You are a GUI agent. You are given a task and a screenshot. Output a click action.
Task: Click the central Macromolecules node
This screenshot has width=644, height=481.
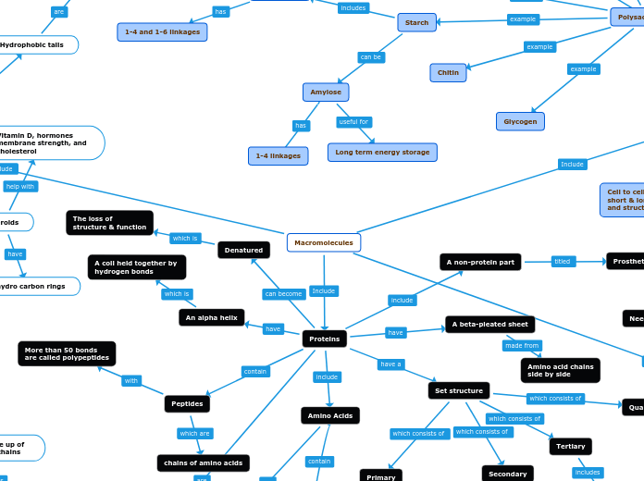click(324, 242)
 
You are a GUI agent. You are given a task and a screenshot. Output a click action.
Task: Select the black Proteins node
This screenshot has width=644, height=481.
click(325, 339)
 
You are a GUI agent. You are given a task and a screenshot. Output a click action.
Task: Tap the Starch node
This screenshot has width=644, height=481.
click(416, 22)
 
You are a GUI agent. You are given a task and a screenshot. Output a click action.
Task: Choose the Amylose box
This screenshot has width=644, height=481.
click(326, 92)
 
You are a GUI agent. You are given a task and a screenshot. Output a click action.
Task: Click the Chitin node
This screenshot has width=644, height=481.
click(448, 72)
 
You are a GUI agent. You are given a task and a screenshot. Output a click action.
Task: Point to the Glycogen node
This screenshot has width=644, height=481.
click(520, 121)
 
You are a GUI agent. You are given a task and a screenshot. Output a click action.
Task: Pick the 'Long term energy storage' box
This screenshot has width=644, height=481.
click(382, 152)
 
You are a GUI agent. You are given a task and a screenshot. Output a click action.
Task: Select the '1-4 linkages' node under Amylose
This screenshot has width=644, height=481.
click(278, 155)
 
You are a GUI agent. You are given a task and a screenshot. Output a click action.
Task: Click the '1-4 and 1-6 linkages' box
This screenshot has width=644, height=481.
click(162, 31)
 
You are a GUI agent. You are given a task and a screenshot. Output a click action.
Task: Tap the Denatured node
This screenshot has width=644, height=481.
click(243, 250)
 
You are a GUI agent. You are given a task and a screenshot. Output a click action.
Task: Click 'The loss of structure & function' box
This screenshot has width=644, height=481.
click(109, 223)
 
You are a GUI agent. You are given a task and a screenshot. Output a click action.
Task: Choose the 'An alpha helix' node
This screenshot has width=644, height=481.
click(211, 317)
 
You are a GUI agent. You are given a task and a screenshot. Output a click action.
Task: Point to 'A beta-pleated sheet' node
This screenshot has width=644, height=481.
click(490, 324)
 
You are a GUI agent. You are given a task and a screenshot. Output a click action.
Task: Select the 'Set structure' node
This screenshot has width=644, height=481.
click(459, 390)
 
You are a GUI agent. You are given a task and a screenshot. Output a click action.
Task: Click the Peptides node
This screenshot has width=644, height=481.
click(187, 403)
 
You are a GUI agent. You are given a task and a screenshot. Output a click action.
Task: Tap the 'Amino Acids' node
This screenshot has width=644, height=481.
click(330, 415)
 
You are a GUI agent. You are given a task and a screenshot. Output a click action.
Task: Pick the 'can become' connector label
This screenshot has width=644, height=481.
click(283, 294)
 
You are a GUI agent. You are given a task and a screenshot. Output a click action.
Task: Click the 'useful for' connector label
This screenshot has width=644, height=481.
click(353, 122)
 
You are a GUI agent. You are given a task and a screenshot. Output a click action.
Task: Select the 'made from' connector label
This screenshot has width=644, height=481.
click(522, 345)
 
